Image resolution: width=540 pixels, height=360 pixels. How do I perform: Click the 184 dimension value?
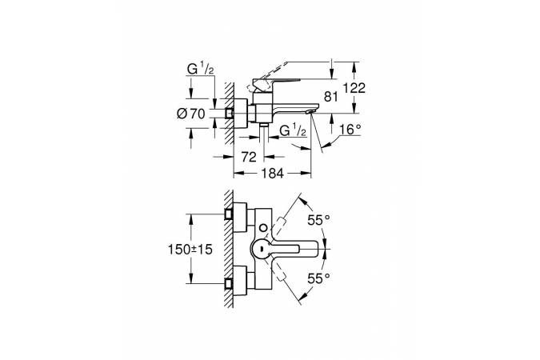coord(272,174)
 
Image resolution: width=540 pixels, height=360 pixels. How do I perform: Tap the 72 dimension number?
coord(249,157)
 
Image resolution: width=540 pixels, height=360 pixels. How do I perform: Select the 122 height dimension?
coord(354,88)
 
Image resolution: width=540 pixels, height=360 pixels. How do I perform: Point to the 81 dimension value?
coord(331,97)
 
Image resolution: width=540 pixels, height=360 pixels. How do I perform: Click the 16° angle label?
coord(350,130)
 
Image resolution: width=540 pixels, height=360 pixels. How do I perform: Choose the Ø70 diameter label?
coord(190,114)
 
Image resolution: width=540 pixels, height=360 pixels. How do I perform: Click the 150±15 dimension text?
coord(190,249)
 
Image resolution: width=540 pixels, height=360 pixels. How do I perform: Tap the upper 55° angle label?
coord(319,220)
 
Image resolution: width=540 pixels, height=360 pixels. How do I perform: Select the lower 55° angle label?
coord(319,278)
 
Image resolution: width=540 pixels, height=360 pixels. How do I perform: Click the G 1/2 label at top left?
coord(201,70)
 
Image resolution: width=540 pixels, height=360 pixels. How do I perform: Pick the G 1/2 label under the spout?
coord(293,130)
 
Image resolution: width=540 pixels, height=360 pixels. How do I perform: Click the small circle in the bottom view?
coord(263,228)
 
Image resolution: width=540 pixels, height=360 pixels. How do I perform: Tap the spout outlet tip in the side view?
coord(310,111)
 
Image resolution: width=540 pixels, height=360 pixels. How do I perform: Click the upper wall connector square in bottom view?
coord(228,214)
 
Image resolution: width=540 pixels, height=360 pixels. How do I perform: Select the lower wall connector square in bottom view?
coord(228,283)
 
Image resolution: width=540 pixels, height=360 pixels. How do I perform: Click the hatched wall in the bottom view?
coord(229,248)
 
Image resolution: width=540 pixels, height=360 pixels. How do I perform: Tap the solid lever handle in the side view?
coord(276,82)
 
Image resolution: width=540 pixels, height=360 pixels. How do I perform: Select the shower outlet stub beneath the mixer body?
coord(264,125)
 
